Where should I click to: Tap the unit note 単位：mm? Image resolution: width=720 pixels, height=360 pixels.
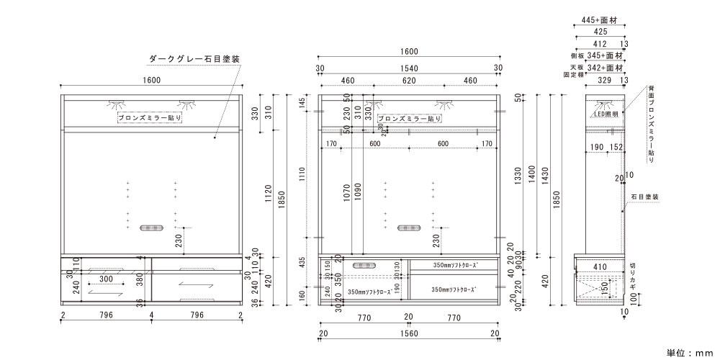[688, 353]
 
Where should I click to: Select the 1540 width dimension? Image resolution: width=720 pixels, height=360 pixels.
[408, 68]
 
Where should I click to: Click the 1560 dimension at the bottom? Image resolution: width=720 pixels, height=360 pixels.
[408, 333]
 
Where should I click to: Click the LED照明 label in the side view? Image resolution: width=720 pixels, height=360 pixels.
[606, 114]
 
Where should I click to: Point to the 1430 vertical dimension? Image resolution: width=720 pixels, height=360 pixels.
[553, 174]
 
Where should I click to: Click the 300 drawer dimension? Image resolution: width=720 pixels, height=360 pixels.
[106, 279]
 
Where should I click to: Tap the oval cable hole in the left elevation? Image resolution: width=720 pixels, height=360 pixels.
[151, 228]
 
